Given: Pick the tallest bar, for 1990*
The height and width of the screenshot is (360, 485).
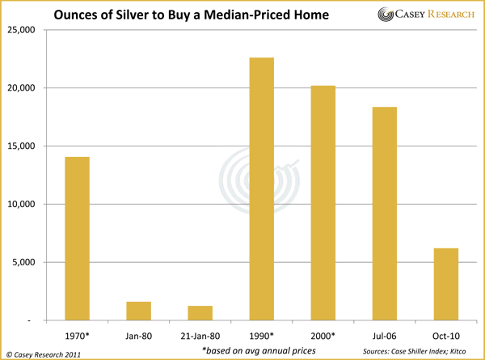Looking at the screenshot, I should pyautogui.click(x=262, y=189).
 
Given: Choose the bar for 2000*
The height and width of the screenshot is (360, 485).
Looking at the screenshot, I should pyautogui.click(x=323, y=203).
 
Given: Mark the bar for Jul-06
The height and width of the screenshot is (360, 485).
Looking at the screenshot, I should pyautogui.click(x=385, y=214).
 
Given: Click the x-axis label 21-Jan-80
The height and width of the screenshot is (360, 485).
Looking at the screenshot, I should pyautogui.click(x=200, y=332).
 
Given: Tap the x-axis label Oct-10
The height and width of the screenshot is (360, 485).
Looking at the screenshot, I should pyautogui.click(x=445, y=332).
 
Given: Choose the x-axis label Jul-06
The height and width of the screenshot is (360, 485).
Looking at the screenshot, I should pyautogui.click(x=385, y=332).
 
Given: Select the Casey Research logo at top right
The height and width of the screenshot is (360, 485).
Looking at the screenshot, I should pyautogui.click(x=421, y=15).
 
